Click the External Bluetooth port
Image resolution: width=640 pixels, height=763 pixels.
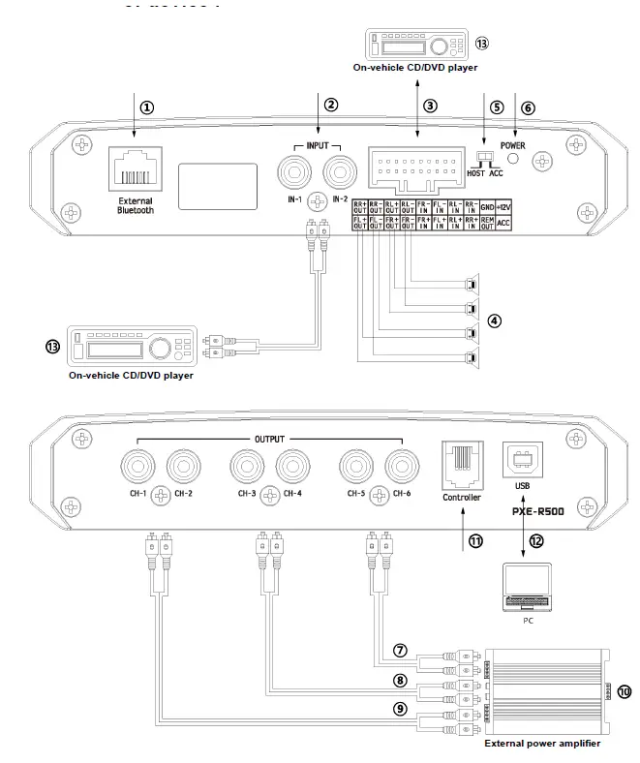(135, 170)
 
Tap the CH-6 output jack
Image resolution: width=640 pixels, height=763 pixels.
(403, 469)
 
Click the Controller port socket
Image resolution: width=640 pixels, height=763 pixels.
(461, 460)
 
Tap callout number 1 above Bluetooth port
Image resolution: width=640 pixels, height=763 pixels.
(146, 107)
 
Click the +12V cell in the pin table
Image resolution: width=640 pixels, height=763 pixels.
(504, 207)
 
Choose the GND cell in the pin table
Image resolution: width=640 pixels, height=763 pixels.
(487, 207)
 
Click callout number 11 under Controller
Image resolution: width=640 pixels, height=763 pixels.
(475, 542)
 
